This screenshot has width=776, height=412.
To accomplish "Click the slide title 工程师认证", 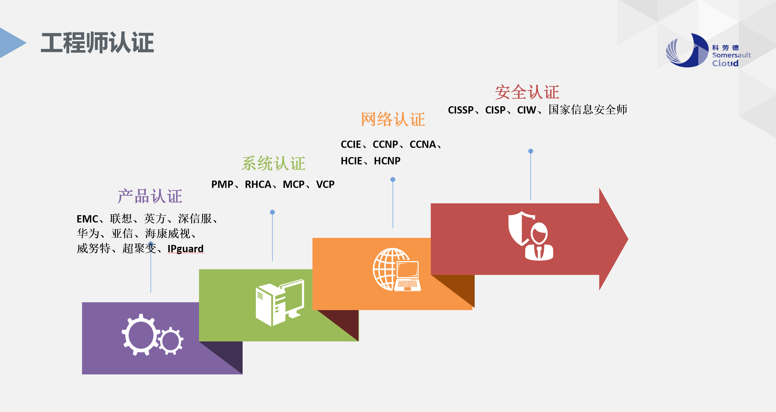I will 97,43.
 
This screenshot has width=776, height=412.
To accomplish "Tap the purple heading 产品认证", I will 150,196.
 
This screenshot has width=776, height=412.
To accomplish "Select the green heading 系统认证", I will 273,164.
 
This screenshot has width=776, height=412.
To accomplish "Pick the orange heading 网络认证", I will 393,119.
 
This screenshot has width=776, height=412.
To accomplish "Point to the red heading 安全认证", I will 527,92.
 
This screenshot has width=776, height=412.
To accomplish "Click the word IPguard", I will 185,249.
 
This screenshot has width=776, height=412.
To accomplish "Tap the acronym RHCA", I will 258,184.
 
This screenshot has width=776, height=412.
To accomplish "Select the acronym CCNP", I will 385,145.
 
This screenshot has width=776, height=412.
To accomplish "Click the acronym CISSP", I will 461,110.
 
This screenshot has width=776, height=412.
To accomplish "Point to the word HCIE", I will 351,161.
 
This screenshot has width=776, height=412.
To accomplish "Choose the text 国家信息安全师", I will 588,110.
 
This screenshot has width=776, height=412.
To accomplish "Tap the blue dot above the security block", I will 531,151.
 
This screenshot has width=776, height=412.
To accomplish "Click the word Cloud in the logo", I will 725,64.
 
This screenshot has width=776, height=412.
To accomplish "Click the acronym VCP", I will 325,184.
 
